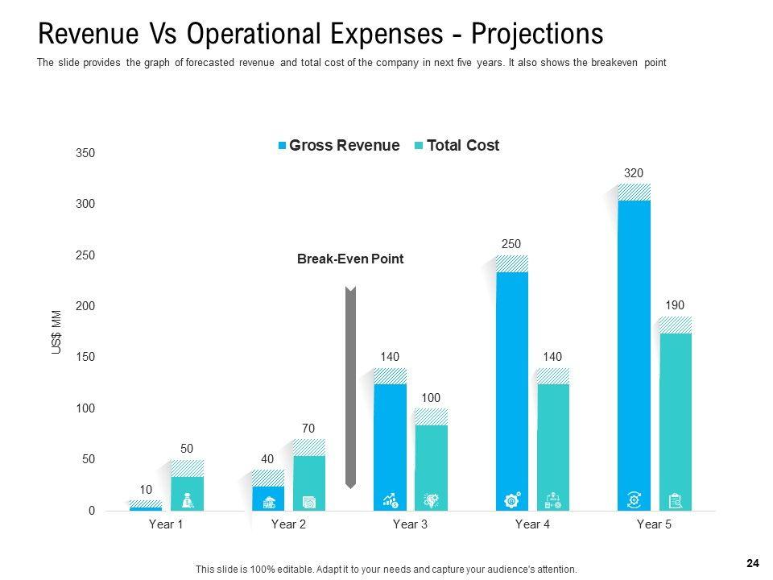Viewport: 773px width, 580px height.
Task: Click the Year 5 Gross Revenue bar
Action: (x=634, y=346)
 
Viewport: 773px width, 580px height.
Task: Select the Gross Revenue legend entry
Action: (x=338, y=146)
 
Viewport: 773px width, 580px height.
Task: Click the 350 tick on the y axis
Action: (x=85, y=153)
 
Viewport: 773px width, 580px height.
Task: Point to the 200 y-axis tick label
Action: (x=85, y=306)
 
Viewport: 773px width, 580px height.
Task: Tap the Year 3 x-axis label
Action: (x=410, y=524)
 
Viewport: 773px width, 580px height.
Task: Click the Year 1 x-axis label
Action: (x=166, y=524)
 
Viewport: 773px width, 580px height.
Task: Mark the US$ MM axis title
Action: (x=56, y=332)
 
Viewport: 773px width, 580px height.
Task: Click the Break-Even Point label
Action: (x=350, y=259)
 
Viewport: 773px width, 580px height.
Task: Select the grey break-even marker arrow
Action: (x=350, y=387)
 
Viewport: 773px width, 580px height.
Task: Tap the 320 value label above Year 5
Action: (x=634, y=172)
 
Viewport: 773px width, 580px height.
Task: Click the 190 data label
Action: (x=675, y=305)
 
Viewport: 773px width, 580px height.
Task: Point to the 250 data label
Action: (x=512, y=244)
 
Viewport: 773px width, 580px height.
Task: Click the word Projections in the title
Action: (x=537, y=35)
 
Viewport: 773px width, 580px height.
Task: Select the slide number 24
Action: (x=753, y=564)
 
